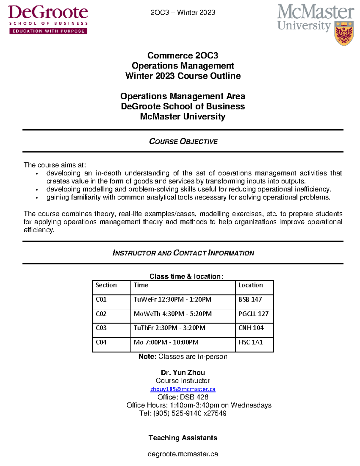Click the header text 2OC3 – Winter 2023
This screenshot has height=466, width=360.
pyautogui.click(x=183, y=13)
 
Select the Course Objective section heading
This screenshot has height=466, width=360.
pyautogui.click(x=183, y=141)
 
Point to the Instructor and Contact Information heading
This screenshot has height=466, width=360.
pyautogui.click(x=183, y=253)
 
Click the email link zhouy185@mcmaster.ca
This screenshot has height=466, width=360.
pyautogui.click(x=183, y=389)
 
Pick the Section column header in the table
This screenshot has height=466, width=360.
pyautogui.click(x=106, y=285)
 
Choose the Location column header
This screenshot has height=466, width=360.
pyautogui.click(x=250, y=285)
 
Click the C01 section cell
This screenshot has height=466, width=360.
pyautogui.click(x=101, y=299)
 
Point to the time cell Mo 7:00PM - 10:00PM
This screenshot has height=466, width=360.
pyautogui.click(x=166, y=342)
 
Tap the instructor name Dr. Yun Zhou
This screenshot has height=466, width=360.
pyautogui.click(x=183, y=373)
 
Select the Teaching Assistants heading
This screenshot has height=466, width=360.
pyautogui.click(x=183, y=438)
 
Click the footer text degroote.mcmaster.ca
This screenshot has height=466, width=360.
pyautogui.click(x=183, y=454)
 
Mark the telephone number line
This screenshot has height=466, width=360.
pyautogui.click(x=183, y=413)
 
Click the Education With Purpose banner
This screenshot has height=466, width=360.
pyautogui.click(x=48, y=31)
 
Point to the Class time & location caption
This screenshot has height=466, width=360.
pyautogui.click(x=186, y=276)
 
